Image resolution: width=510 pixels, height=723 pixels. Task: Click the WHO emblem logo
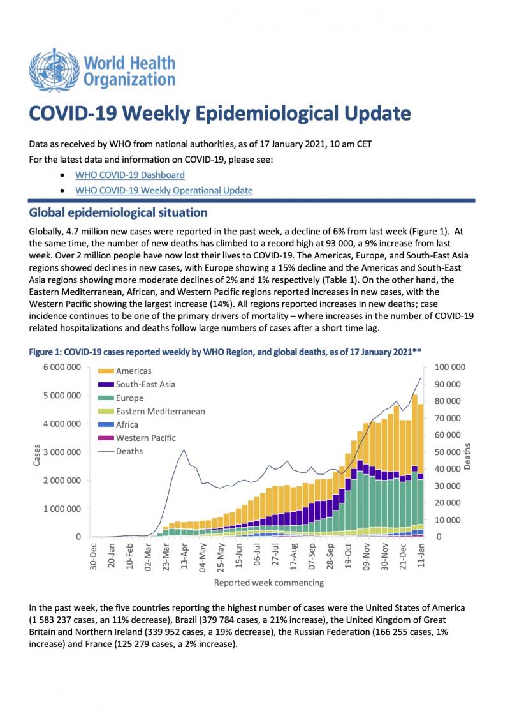[54, 70]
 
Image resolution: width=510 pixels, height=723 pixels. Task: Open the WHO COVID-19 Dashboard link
[130, 175]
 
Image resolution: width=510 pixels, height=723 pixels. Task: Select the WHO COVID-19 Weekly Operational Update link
[164, 190]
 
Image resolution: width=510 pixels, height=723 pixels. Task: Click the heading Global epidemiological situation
[119, 212]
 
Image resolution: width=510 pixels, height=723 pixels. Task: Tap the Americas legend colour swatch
[106, 371]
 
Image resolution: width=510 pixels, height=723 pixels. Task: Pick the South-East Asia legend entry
[136, 384]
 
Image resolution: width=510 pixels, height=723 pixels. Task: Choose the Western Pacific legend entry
[136, 438]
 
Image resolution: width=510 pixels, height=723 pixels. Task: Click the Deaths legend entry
[120, 451]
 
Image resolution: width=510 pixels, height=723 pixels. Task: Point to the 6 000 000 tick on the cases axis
[62, 368]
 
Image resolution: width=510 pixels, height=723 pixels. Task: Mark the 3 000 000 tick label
[62, 452]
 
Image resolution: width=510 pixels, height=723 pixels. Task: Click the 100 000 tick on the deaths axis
[450, 368]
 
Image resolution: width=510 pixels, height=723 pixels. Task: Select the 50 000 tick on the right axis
[448, 452]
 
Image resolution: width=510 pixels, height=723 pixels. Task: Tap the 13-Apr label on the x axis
[184, 557]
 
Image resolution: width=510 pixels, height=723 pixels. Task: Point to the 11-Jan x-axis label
[421, 556]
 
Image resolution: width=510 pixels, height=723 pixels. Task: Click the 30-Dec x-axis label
[93, 556]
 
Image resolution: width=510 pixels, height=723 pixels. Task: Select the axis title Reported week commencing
[269, 583]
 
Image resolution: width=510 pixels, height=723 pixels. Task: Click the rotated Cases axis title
[37, 455]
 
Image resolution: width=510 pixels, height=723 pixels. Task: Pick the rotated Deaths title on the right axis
[468, 456]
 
